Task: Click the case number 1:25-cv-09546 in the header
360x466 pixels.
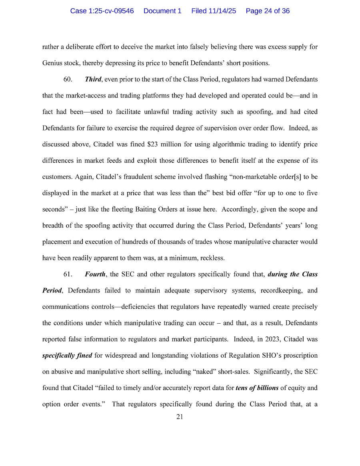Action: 102,11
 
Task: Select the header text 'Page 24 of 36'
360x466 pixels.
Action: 268,11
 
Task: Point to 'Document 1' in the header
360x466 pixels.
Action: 162,11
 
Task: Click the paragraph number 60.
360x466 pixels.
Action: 68,80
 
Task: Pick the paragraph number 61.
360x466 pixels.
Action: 68,274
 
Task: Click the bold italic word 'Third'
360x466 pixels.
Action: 93,80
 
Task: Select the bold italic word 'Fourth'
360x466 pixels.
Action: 95,274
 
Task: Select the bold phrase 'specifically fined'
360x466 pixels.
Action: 67,356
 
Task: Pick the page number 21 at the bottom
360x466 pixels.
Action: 180,417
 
